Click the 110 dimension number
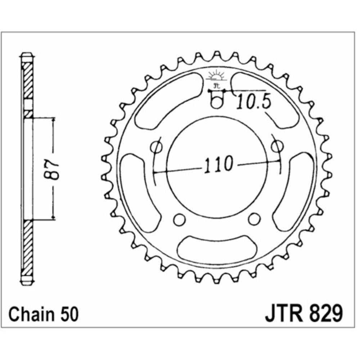point(218,164)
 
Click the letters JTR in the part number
point(284,314)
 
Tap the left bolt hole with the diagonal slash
point(157,147)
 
